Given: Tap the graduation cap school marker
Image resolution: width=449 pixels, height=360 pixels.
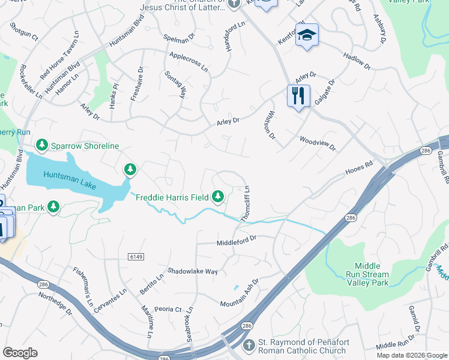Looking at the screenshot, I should [x=307, y=35].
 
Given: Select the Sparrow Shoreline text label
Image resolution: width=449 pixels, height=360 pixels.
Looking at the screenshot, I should [x=85, y=146].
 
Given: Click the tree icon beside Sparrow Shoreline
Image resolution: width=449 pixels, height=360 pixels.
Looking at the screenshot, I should [x=42, y=145].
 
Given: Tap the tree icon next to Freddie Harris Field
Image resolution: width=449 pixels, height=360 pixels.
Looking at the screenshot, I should [x=218, y=196].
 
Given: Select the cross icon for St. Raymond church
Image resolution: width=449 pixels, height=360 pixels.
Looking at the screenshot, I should [x=250, y=346].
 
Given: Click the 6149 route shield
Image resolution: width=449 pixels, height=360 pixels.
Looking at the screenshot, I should [x=136, y=257].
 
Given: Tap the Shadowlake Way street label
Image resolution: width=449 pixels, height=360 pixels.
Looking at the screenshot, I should [x=192, y=271].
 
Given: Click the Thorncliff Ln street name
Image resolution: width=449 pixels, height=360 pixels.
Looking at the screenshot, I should [x=246, y=205].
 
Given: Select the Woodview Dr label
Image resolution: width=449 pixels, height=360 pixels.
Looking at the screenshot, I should [x=318, y=143].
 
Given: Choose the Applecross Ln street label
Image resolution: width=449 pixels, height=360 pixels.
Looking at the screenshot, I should [x=188, y=62].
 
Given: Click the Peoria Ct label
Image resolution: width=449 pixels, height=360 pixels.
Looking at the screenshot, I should [x=168, y=309].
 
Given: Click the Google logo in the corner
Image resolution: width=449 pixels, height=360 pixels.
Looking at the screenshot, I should [x=20, y=353].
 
